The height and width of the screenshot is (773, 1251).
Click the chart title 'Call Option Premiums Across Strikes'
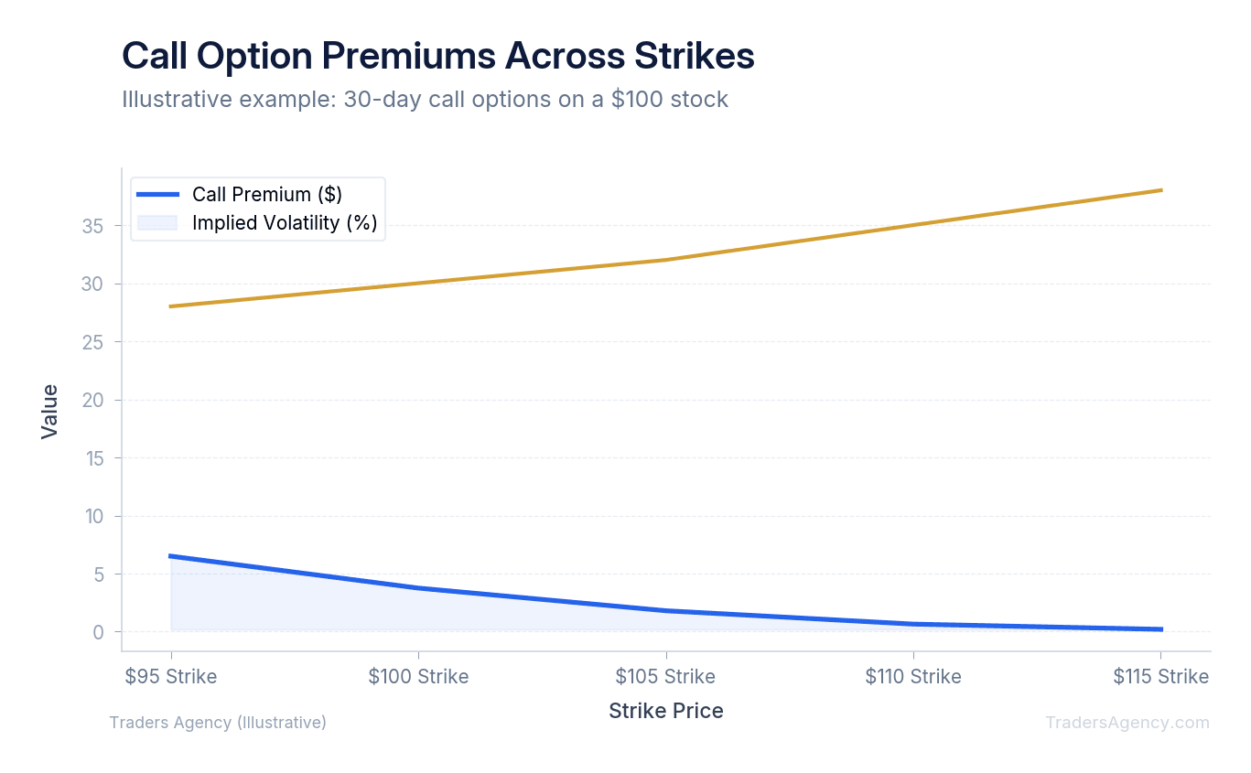[437, 57]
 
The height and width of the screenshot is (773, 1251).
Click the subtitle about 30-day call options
[425, 99]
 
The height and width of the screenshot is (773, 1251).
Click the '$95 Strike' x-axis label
[171, 677]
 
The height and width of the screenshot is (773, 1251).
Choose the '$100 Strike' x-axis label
[418, 677]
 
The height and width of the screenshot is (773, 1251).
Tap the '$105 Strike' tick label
[665, 677]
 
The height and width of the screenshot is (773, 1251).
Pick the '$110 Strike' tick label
[913, 677]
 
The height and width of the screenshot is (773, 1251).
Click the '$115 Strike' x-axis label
[1160, 677]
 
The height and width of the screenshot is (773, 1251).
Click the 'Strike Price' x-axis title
[665, 711]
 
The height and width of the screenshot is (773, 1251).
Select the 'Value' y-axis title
[50, 411]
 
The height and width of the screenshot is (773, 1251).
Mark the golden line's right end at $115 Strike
[1160, 190]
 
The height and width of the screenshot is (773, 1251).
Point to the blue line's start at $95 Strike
[171, 556]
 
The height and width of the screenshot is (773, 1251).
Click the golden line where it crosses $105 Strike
[665, 260]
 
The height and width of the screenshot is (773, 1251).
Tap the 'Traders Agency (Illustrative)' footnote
[218, 723]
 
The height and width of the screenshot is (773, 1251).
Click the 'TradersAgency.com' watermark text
[1127, 723]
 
